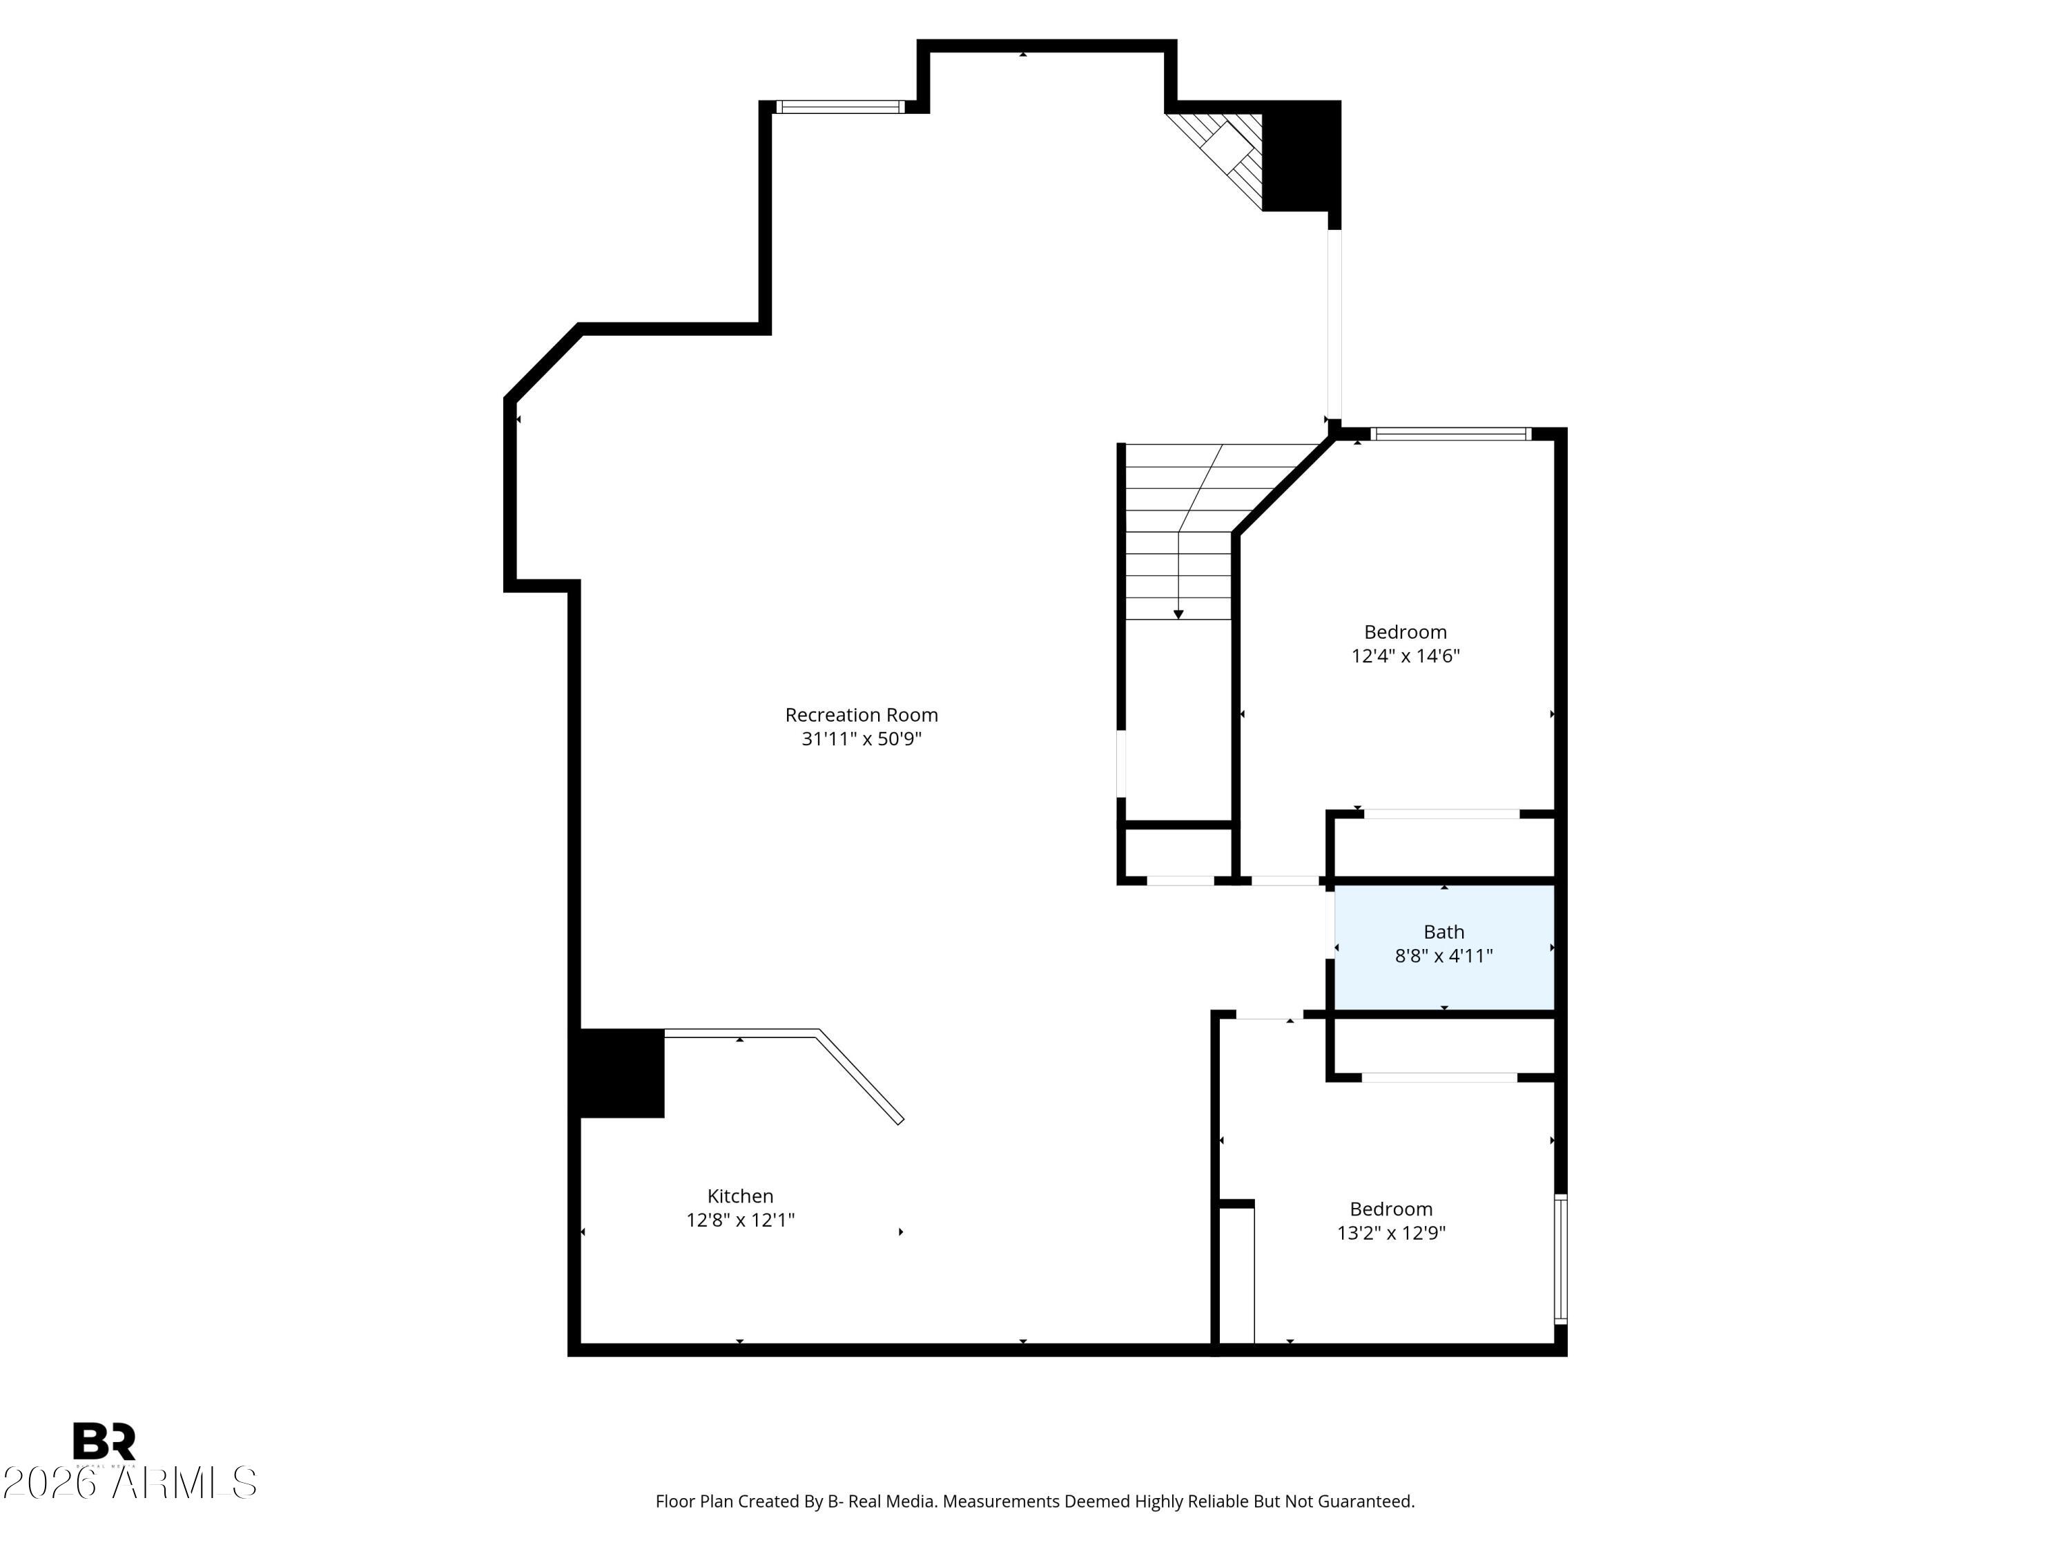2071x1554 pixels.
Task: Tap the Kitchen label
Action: tap(739, 1196)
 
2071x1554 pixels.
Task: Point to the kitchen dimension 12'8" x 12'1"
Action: tap(739, 1220)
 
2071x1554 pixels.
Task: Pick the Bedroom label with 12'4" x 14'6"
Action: tap(1404, 632)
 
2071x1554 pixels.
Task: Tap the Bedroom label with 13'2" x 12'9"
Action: tap(1390, 1209)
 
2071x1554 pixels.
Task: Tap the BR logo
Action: tap(104, 1441)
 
